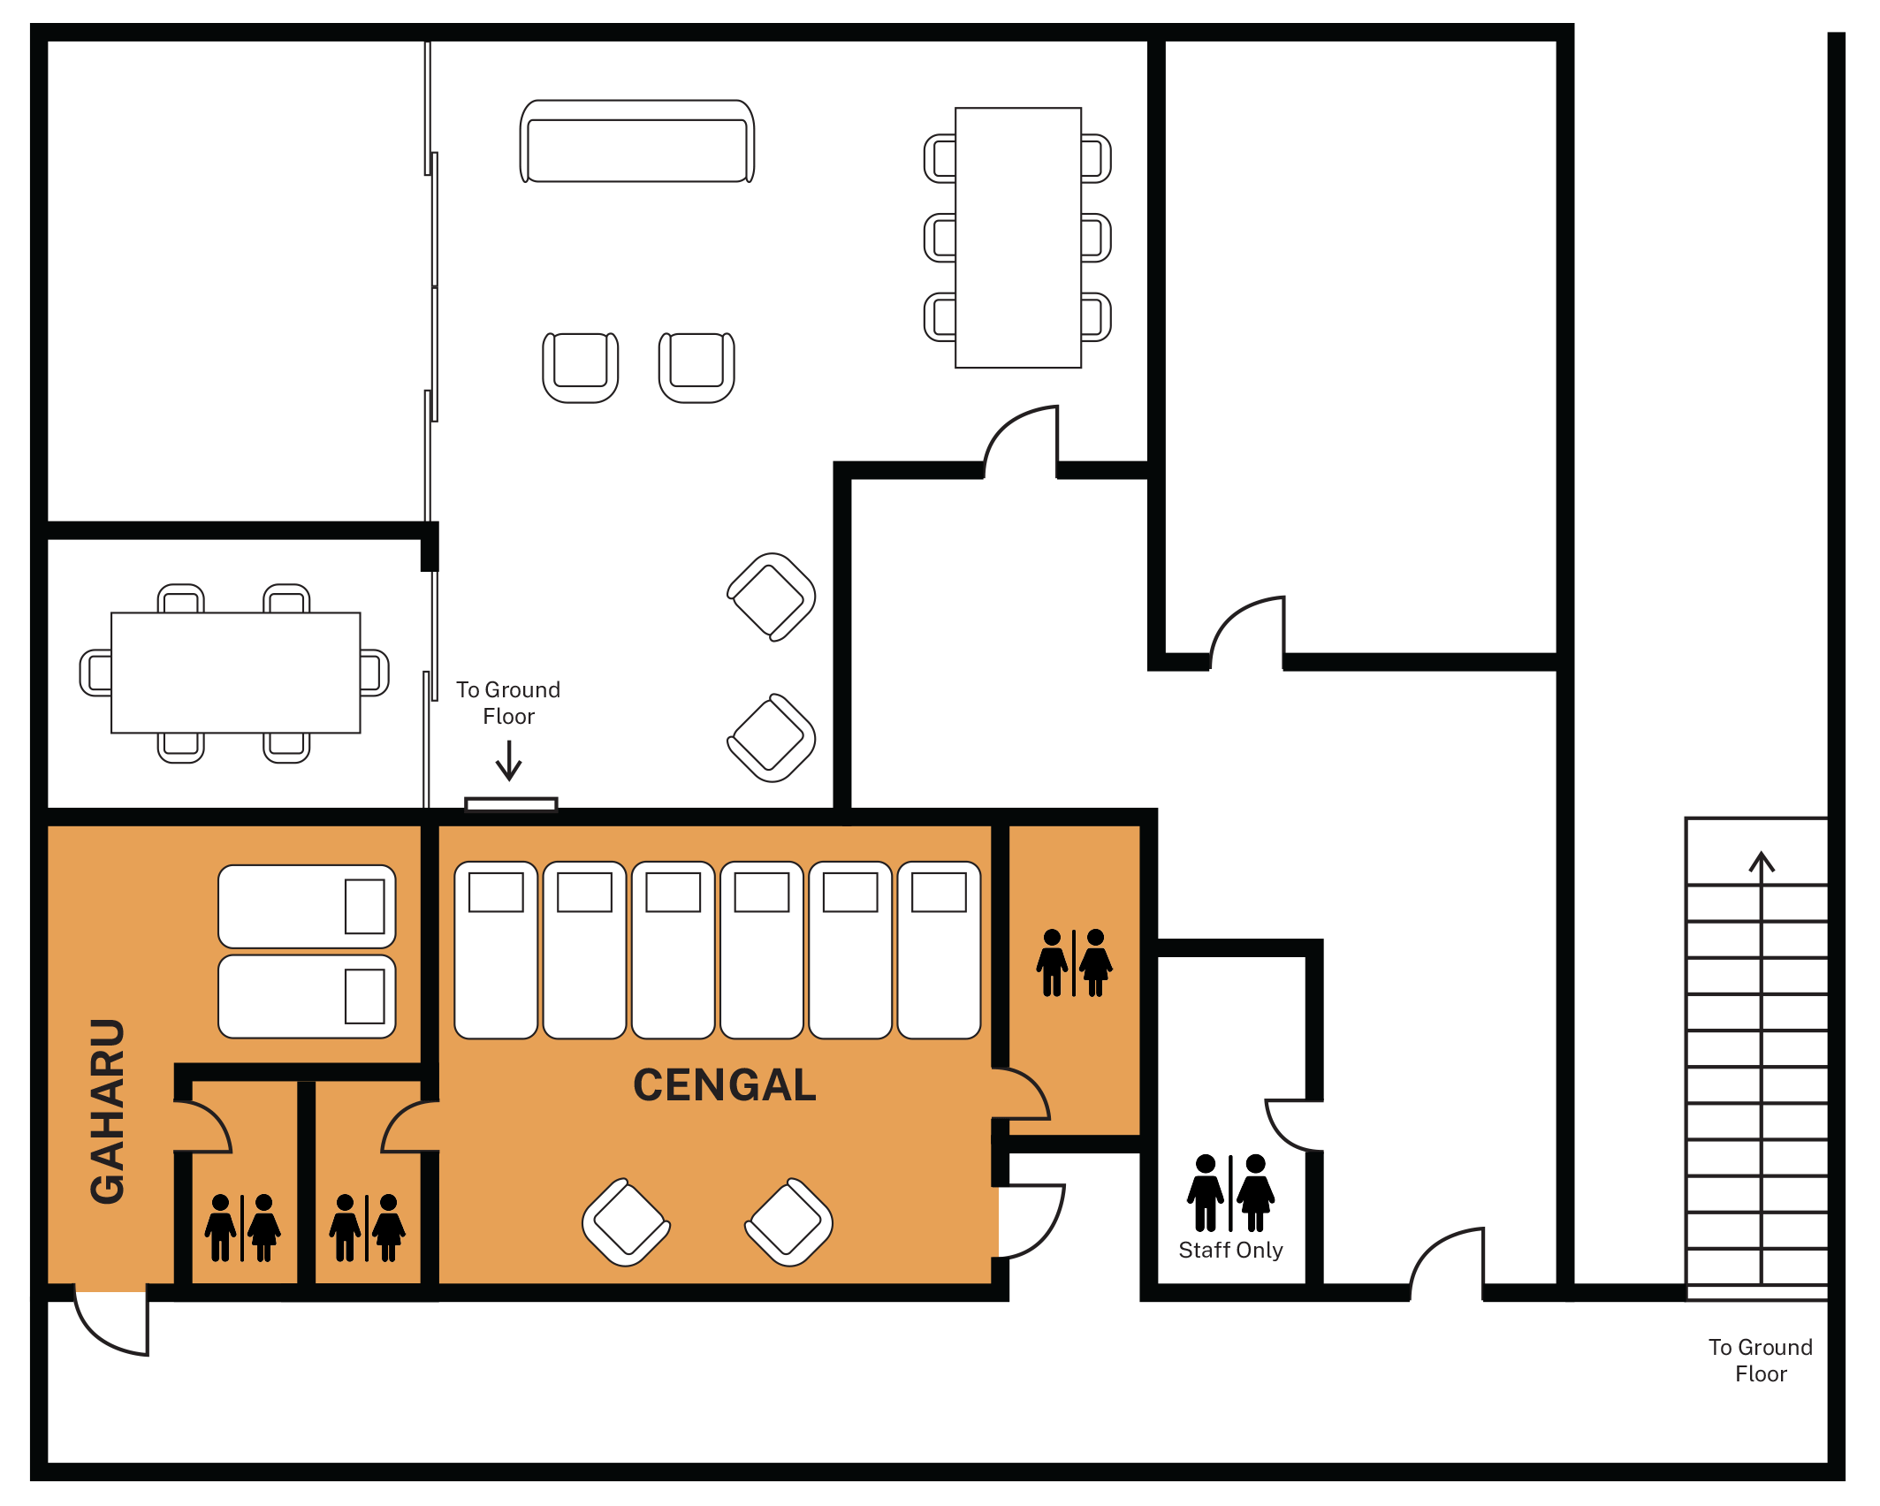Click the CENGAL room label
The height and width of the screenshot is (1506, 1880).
click(724, 1084)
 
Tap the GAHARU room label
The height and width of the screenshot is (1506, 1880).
click(108, 1111)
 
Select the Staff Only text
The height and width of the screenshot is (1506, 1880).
click(1230, 1250)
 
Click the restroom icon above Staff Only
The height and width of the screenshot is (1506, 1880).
click(1230, 1192)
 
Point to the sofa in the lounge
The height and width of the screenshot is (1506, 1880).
click(637, 141)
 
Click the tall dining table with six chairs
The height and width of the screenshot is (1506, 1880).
click(1017, 238)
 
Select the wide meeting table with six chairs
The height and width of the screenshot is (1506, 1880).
click(235, 673)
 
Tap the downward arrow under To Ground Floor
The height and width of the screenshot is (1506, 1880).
click(508, 760)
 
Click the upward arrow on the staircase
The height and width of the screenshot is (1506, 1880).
click(1762, 1067)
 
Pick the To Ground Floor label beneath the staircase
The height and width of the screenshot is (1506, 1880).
click(1760, 1360)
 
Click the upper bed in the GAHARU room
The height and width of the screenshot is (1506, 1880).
click(307, 907)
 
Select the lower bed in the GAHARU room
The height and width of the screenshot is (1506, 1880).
click(307, 996)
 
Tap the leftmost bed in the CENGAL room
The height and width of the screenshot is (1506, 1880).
click(496, 950)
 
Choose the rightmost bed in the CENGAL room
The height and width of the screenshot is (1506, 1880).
click(939, 950)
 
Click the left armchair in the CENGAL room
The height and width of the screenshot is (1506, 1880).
click(626, 1222)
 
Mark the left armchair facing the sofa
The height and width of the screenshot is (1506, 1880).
click(581, 368)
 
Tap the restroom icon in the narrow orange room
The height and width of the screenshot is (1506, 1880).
click(1074, 962)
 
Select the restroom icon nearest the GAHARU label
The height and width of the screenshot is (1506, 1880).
click(242, 1228)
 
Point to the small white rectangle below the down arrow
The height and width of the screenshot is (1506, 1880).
click(511, 804)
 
